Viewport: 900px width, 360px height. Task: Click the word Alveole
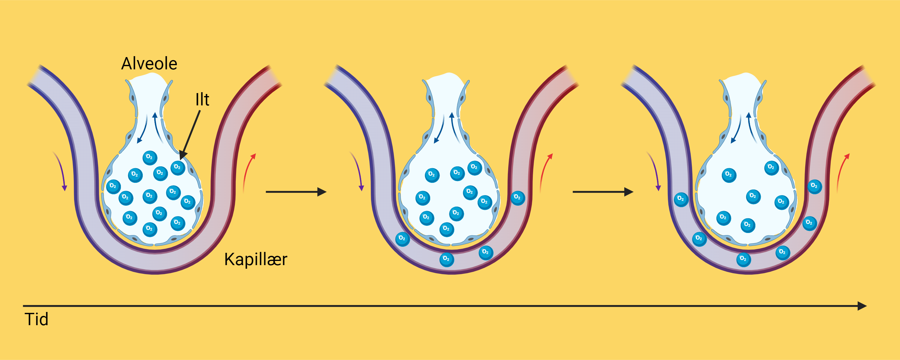149,64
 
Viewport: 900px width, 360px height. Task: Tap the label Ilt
202,100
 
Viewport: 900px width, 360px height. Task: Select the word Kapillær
256,259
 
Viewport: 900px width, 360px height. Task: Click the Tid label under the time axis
36,319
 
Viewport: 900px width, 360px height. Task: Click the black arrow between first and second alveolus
296,192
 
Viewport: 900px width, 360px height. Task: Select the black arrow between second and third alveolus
603,192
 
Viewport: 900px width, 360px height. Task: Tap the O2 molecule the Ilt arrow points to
178,168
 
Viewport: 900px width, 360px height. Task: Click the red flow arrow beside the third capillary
841,171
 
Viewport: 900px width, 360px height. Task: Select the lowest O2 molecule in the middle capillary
446,259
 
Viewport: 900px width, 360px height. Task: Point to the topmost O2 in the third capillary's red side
814,186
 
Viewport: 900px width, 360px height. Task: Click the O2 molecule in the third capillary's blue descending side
681,199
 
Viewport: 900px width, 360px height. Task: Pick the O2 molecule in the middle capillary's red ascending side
518,198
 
